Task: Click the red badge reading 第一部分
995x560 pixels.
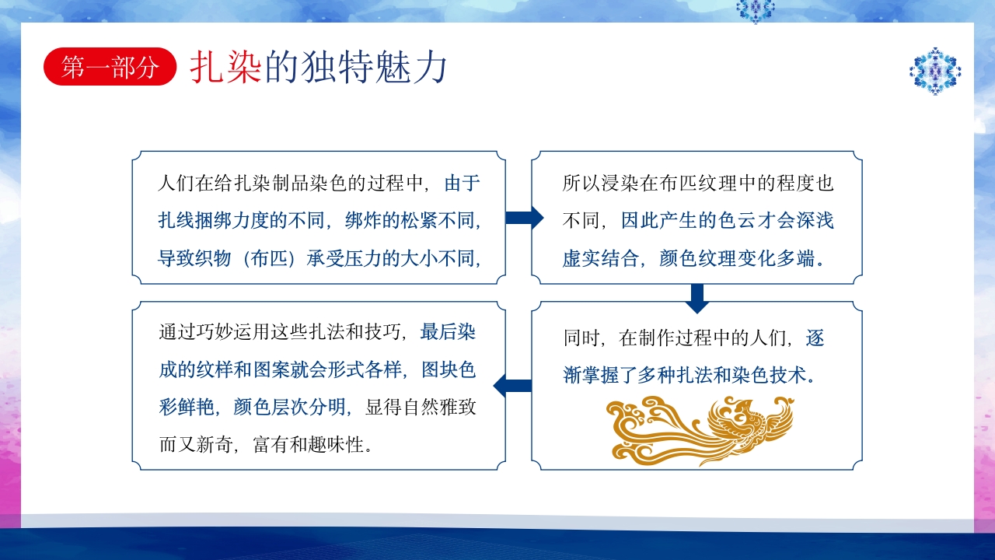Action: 110,68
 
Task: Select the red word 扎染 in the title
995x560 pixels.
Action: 226,68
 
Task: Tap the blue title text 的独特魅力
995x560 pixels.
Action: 356,68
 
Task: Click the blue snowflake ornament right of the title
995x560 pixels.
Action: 935,71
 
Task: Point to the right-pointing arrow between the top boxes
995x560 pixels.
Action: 524,218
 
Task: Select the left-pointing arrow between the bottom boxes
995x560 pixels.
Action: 513,385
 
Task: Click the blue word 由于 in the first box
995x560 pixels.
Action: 463,184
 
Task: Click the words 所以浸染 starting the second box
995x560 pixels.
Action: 599,184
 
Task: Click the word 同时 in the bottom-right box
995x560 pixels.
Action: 582,338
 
